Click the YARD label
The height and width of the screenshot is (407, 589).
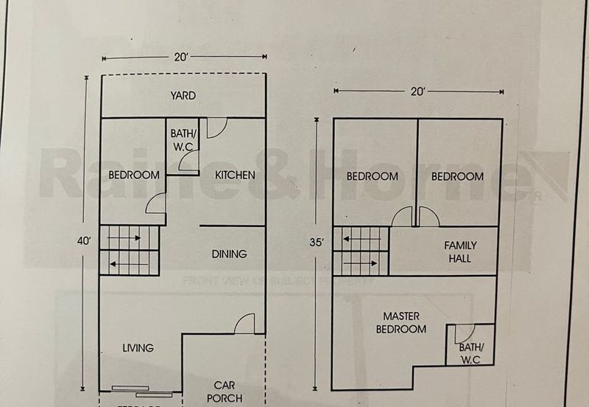tap(183, 96)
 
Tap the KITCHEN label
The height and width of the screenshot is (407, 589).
tap(235, 175)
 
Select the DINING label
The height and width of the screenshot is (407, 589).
tap(229, 254)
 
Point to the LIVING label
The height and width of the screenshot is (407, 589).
tap(138, 348)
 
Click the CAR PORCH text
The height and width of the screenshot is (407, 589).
tap(224, 392)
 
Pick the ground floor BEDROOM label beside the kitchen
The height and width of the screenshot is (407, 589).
tap(134, 175)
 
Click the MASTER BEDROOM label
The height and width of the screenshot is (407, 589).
tap(401, 323)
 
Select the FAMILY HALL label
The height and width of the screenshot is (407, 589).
tap(460, 251)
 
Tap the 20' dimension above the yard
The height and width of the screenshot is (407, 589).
tap(184, 57)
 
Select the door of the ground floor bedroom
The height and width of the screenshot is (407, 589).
tap(157, 204)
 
